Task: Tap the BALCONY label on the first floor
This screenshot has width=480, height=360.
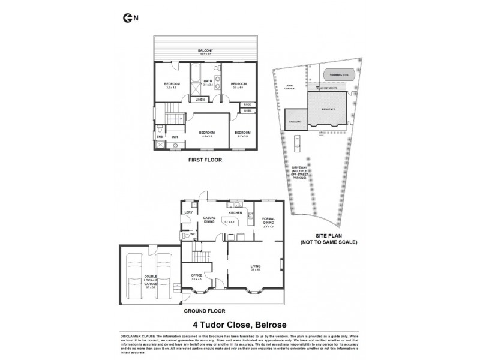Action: [x=206, y=50]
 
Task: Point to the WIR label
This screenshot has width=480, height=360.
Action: [x=175, y=137]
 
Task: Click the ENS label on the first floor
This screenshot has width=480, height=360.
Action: [x=160, y=137]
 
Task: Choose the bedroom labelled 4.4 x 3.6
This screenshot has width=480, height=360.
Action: [x=206, y=133]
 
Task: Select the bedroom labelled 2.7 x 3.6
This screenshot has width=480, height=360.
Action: [x=242, y=133]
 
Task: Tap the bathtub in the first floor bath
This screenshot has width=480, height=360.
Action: [x=194, y=75]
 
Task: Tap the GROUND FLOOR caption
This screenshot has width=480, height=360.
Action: [x=205, y=311]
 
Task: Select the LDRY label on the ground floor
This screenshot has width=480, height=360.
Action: [x=188, y=212]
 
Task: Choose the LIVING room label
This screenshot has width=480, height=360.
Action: [x=256, y=266]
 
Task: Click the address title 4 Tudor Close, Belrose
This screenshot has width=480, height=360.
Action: [x=239, y=323]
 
